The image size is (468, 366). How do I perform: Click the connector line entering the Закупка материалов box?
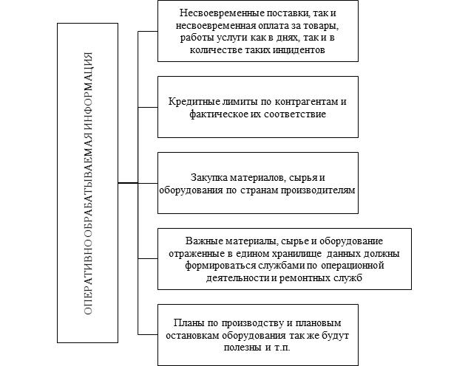click(x=148, y=183)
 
